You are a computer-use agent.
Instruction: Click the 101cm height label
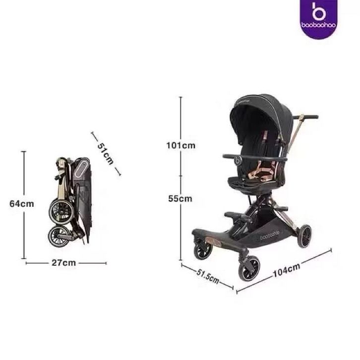pos(181,146)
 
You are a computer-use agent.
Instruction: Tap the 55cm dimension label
pos(180,199)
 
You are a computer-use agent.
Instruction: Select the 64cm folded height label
pos(22,204)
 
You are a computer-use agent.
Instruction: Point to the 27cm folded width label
pos(63,263)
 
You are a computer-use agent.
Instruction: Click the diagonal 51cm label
pos(106,154)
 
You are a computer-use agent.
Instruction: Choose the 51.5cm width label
pos(208,276)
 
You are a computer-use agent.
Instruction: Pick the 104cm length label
pos(286,270)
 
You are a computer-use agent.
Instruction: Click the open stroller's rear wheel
pos(304,236)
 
